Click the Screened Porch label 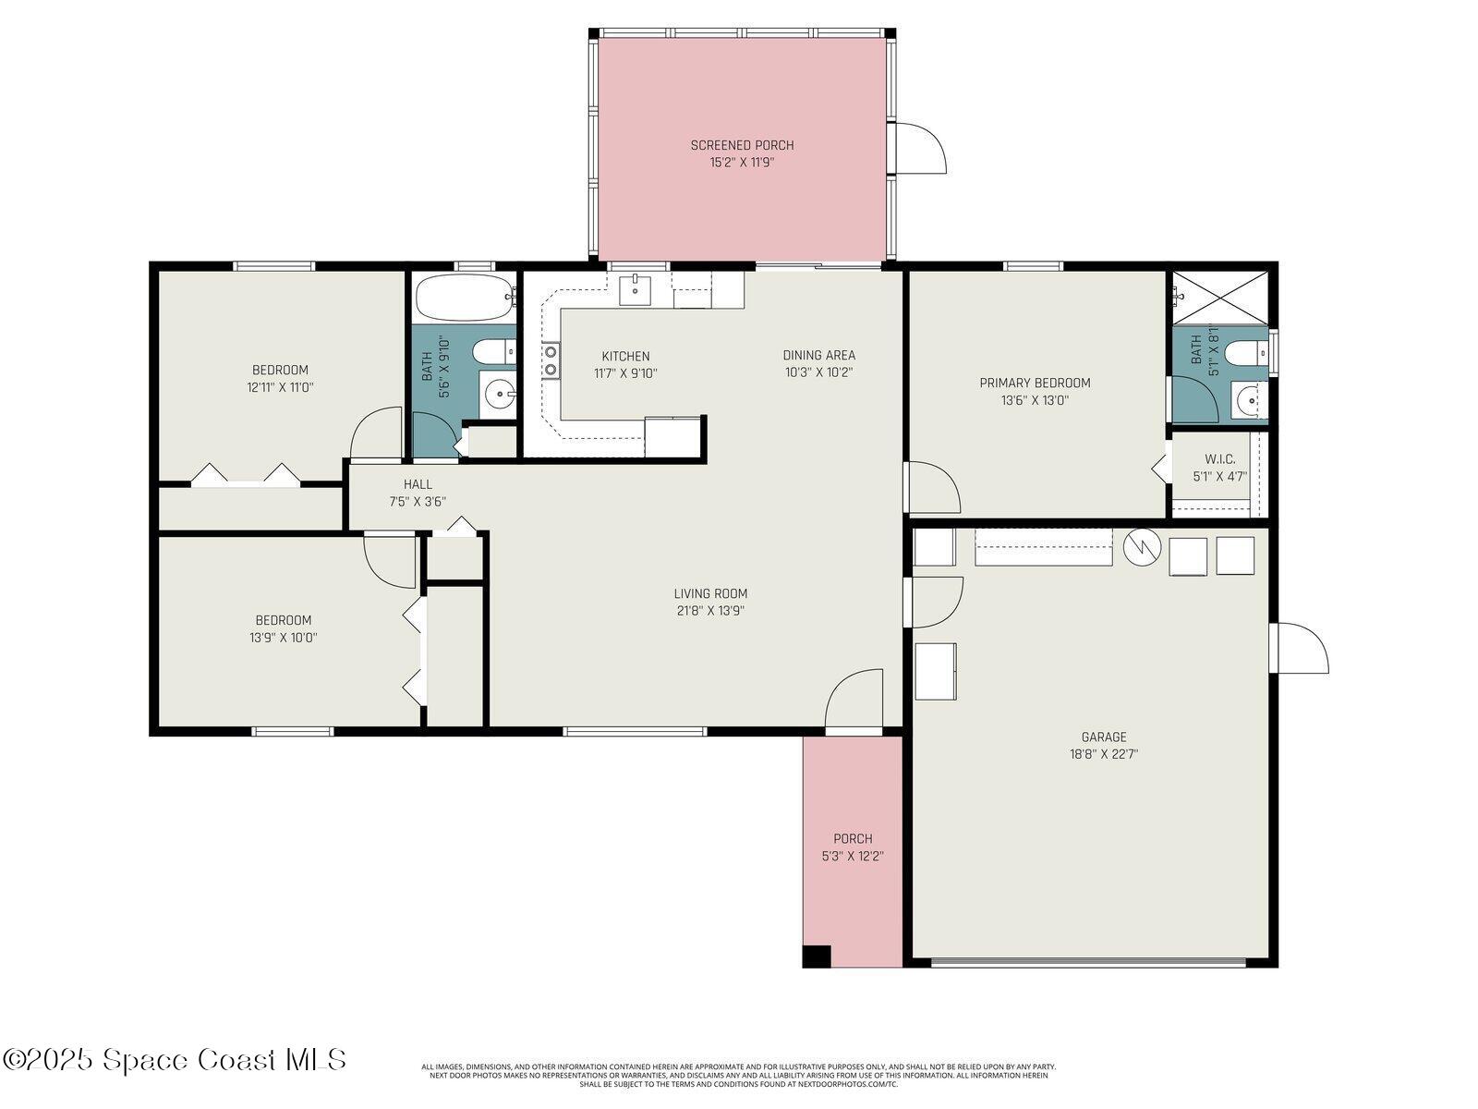click(x=742, y=145)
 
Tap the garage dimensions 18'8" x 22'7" click(x=1104, y=754)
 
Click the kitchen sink click(x=635, y=289)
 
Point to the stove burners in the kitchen click(x=551, y=360)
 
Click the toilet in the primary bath click(x=1251, y=353)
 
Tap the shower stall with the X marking click(x=1220, y=297)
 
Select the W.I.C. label click(x=1219, y=459)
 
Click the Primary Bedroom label click(x=1035, y=383)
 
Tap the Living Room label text click(x=710, y=593)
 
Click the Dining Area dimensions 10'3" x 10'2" click(x=818, y=372)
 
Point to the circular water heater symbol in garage click(x=1142, y=547)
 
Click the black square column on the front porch click(x=817, y=956)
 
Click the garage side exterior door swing click(x=1302, y=647)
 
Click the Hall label click(x=418, y=484)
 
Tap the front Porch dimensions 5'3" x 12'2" click(x=853, y=857)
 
